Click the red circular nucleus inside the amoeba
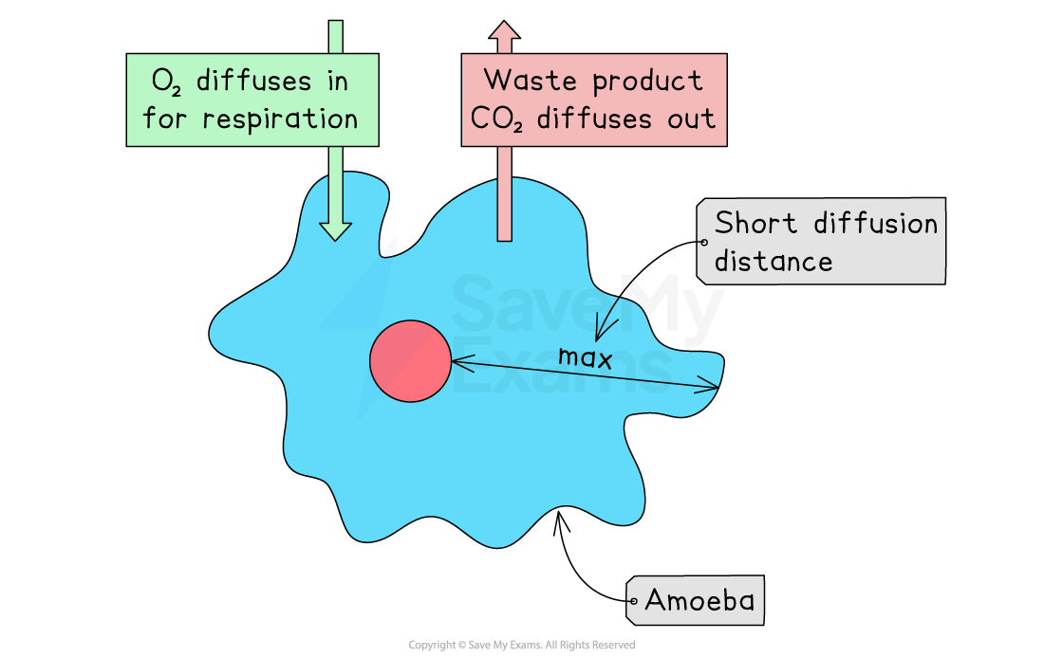(x=410, y=361)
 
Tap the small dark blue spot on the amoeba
(x=389, y=247)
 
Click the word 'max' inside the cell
(x=584, y=357)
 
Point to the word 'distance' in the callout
(x=773, y=261)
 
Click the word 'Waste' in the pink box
(x=527, y=81)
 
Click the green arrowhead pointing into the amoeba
(x=335, y=230)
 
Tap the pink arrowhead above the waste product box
(x=505, y=32)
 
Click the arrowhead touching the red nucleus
(x=457, y=361)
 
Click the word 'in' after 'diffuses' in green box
(x=337, y=82)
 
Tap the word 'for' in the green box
(x=163, y=119)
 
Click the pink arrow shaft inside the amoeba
(x=505, y=209)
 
